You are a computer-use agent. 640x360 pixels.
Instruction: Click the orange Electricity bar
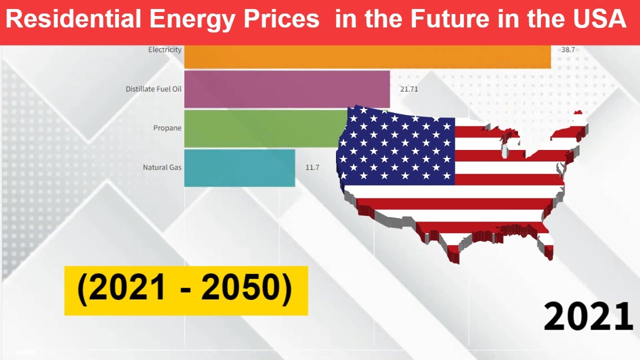tap(367, 56)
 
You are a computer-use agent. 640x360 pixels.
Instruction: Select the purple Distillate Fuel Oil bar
tap(286, 89)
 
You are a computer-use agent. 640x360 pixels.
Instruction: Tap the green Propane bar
tap(260, 128)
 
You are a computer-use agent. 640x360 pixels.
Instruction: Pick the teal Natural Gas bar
tap(239, 167)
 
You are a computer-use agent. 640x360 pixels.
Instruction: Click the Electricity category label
tap(165, 50)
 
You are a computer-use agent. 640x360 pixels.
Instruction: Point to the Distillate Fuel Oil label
tap(153, 89)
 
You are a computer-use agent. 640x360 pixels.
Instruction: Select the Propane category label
tap(167, 128)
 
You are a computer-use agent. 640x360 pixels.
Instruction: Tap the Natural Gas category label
tap(162, 167)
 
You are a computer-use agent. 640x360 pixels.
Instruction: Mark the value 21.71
tap(408, 89)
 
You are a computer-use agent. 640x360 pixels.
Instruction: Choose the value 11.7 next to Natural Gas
tap(312, 167)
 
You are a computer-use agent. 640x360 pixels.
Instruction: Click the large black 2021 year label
tap(588, 317)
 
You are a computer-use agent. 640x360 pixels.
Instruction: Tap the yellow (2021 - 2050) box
tap(186, 290)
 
